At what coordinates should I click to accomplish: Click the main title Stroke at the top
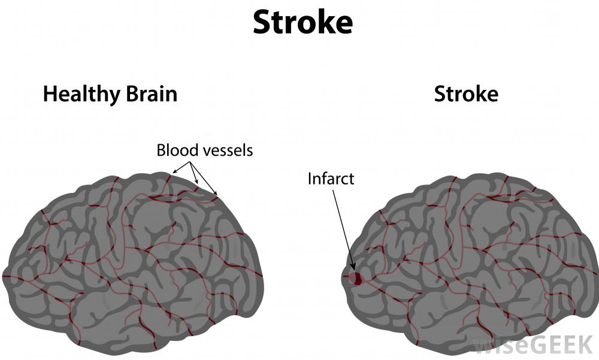click(x=302, y=22)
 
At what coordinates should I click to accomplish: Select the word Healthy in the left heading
click(x=75, y=95)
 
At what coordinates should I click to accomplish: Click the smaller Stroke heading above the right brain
click(x=465, y=94)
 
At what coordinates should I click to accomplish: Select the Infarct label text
click(x=331, y=179)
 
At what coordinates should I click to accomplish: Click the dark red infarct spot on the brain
click(x=356, y=278)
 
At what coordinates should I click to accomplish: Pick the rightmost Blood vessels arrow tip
click(x=217, y=195)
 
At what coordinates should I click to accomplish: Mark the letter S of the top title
click(x=262, y=22)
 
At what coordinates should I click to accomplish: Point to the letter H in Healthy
click(x=50, y=95)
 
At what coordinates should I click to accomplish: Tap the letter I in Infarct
click(x=310, y=179)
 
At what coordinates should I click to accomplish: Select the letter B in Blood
click(x=161, y=150)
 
